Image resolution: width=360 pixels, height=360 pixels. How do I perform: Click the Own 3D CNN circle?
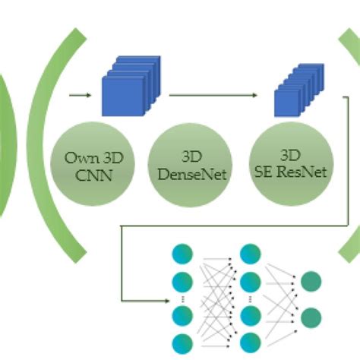tap(93, 164)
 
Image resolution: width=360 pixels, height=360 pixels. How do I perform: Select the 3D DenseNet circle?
tap(190, 165)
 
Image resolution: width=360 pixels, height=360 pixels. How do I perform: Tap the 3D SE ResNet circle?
tap(292, 164)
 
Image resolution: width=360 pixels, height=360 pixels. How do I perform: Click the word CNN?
tap(94, 175)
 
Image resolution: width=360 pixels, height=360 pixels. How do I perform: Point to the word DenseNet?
tap(192, 174)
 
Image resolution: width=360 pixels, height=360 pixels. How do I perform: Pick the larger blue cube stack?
tap(131, 86)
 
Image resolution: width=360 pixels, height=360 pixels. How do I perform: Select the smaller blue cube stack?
tap(299, 90)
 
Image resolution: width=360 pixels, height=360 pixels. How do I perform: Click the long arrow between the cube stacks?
tap(213, 96)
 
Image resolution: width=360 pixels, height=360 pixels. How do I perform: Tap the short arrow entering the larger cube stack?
tap(81, 96)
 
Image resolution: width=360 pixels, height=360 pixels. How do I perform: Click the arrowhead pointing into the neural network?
tap(167, 301)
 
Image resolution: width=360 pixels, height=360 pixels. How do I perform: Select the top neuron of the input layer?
tap(182, 254)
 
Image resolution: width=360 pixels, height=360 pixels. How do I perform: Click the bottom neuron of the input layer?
tap(182, 344)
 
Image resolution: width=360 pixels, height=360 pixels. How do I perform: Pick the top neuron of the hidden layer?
tap(251, 254)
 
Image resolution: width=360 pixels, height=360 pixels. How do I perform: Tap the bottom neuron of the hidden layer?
tap(251, 343)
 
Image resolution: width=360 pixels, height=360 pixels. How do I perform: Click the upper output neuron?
tap(311, 282)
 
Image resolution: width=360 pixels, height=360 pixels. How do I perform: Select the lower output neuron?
tap(311, 318)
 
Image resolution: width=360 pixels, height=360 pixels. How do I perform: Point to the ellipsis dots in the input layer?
tap(183, 299)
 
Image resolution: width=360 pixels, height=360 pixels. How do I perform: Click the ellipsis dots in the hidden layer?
tap(251, 299)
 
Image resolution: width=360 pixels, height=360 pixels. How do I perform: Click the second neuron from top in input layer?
tap(182, 282)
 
